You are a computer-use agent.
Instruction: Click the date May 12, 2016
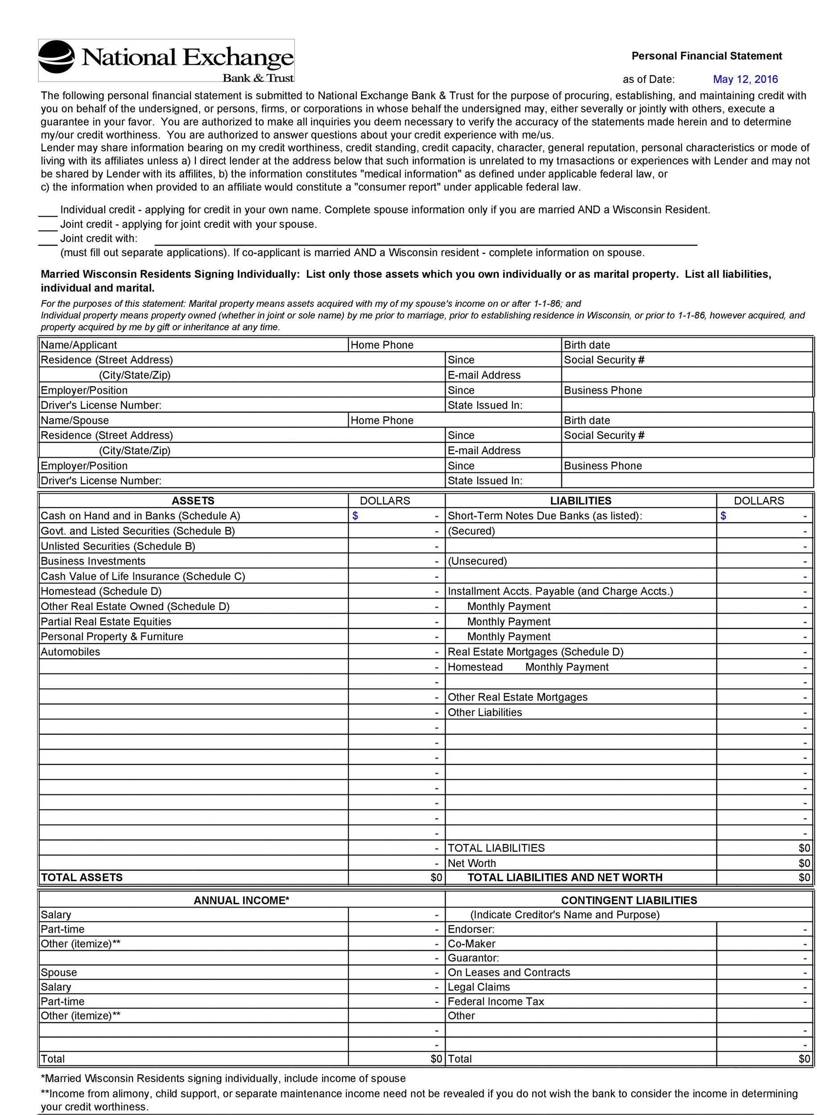point(745,79)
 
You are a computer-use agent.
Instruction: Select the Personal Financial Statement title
point(706,56)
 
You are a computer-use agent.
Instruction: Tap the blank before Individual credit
point(48,212)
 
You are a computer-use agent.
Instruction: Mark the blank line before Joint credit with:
point(48,240)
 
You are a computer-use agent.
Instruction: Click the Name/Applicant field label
point(78,345)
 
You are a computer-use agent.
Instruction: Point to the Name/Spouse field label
point(74,420)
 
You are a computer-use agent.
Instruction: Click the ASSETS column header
point(193,500)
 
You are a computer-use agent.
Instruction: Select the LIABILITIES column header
point(581,500)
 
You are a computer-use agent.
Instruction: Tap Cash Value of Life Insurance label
point(142,576)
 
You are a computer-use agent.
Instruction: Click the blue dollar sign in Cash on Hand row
point(355,516)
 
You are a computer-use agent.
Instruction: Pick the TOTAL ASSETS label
point(82,877)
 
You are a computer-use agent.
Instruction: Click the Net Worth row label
point(471,863)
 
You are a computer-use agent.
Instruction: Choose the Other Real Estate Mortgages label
point(517,697)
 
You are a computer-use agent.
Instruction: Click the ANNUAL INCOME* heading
point(241,900)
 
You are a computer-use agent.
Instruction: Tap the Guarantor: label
point(473,958)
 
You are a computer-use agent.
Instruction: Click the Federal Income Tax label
point(495,1001)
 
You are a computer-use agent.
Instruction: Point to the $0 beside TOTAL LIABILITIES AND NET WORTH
point(804,877)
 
